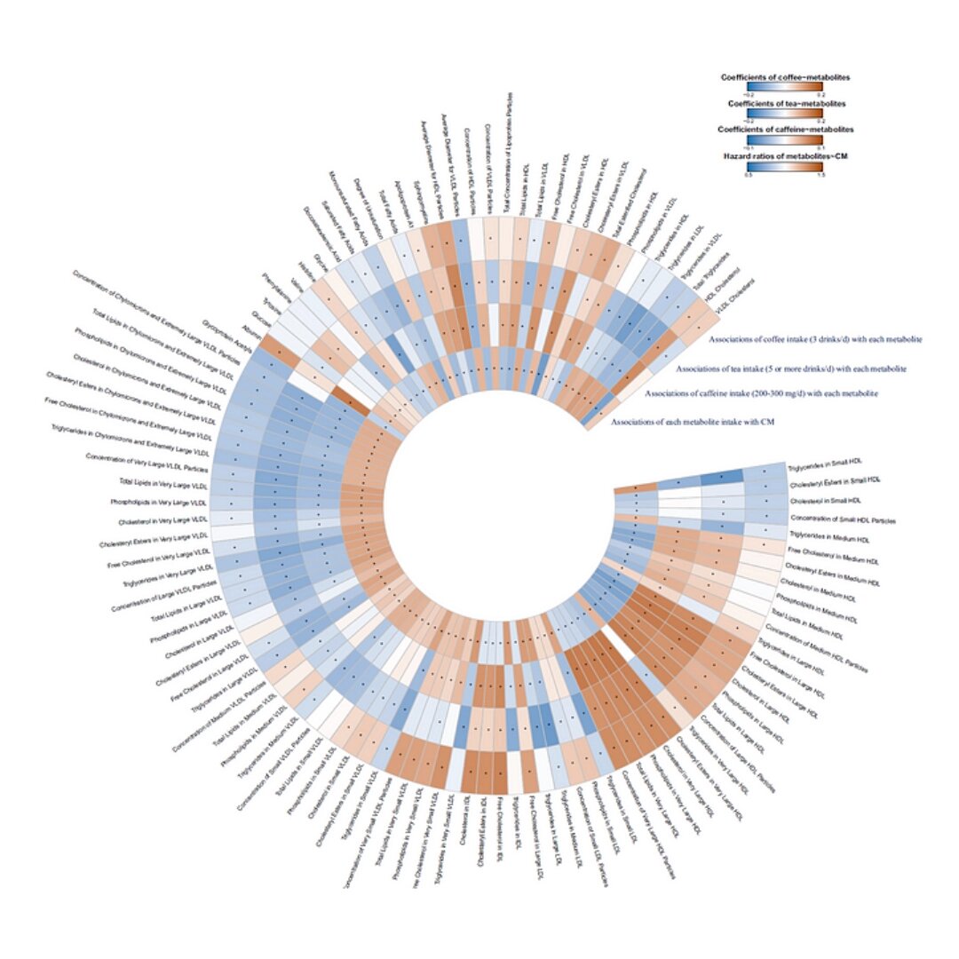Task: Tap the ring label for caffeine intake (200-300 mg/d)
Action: click(x=761, y=392)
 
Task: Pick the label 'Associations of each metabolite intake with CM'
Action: click(x=693, y=421)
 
